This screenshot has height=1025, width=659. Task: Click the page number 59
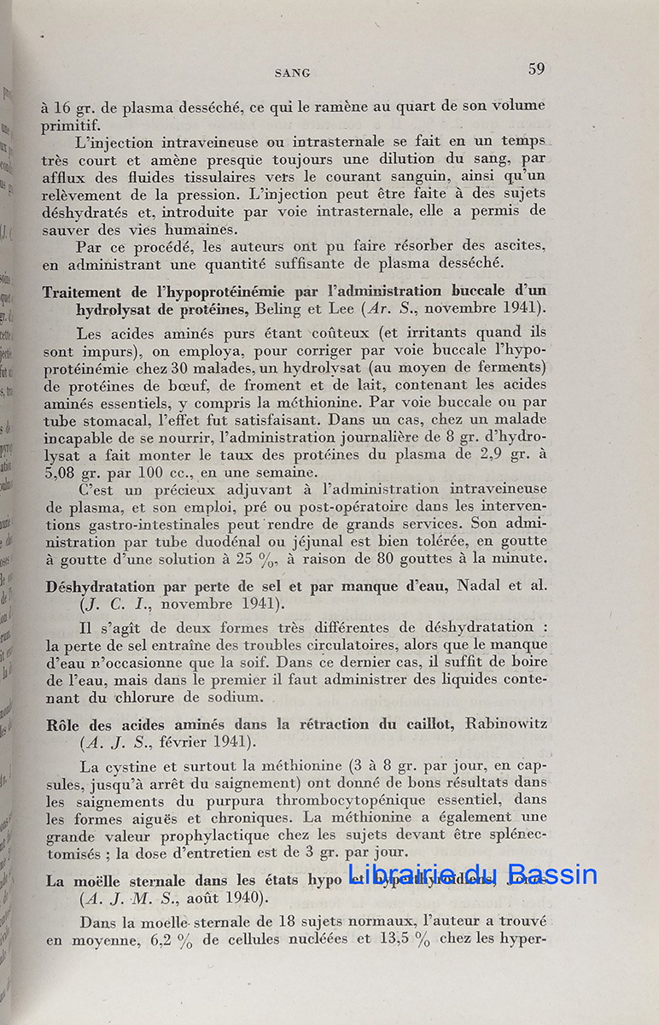coord(536,69)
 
